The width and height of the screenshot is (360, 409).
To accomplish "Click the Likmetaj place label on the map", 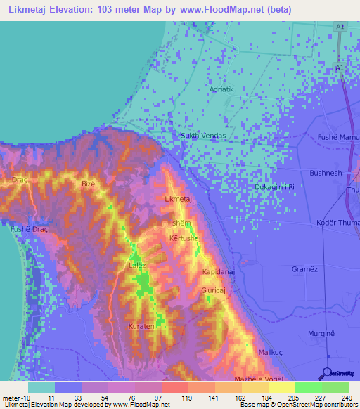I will point(178,200).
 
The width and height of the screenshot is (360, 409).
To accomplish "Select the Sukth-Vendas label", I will point(202,135).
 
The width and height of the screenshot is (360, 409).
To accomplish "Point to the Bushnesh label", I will point(326,172).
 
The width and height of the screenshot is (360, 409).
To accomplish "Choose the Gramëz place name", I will point(305,269).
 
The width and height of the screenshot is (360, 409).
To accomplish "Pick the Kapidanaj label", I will point(217,271).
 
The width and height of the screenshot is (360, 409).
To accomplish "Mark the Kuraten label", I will point(141,327).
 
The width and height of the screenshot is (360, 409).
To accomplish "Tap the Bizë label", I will point(89,184).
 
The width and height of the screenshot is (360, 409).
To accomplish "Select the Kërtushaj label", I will point(186,239).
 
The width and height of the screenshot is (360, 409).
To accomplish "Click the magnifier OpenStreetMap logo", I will point(327,374).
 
